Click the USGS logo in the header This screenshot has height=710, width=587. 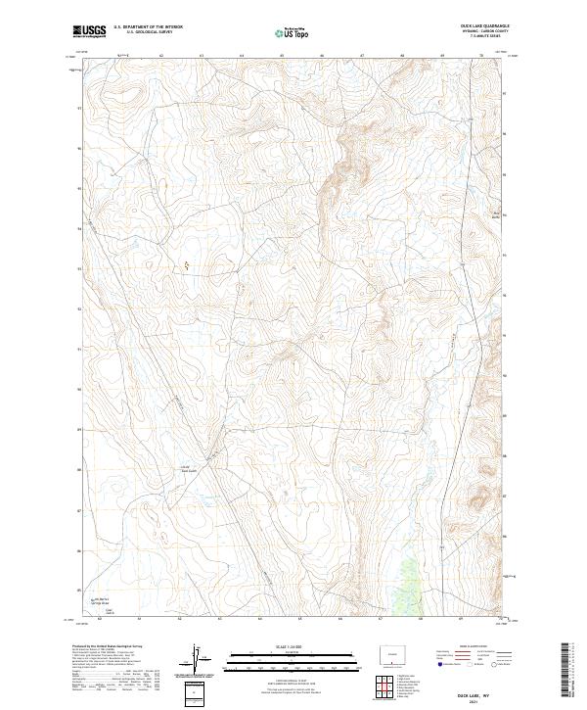click(x=89, y=31)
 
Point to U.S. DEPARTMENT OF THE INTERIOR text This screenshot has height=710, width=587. click(x=148, y=27)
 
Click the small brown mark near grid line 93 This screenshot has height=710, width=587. click(x=187, y=264)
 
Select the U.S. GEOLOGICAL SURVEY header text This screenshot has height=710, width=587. click(x=148, y=33)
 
